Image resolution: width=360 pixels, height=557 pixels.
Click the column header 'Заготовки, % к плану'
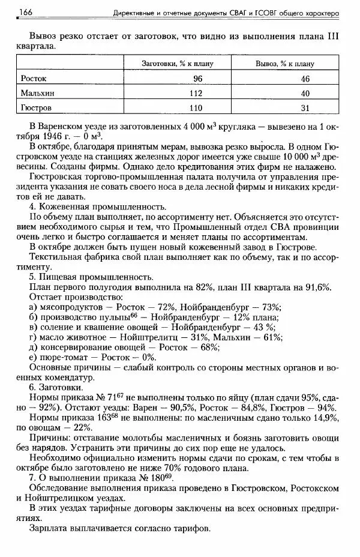click(177, 63)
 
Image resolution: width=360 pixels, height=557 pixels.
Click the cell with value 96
click(198, 79)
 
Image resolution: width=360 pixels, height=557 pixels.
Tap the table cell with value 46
click(305, 79)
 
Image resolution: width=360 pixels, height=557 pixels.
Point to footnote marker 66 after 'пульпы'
click(135, 315)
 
